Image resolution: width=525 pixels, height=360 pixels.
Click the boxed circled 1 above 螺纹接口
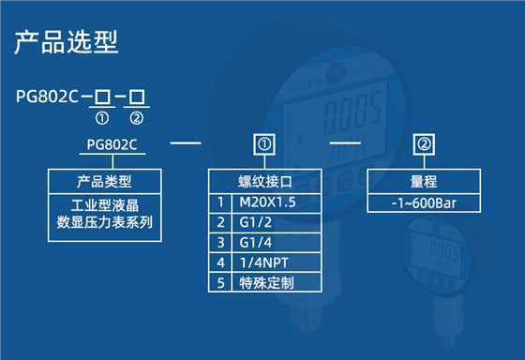click(264, 144)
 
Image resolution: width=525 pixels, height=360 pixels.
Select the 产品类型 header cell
click(104, 181)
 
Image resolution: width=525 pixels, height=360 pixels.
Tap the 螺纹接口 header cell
click(264, 181)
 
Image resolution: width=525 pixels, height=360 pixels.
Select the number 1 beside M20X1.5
click(221, 202)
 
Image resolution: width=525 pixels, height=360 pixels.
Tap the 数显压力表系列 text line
click(104, 222)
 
